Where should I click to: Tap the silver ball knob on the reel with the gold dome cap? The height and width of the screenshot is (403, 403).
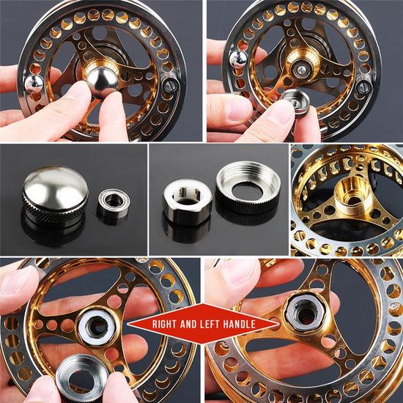[34, 84]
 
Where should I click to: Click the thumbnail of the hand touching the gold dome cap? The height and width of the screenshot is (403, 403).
[100, 71]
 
